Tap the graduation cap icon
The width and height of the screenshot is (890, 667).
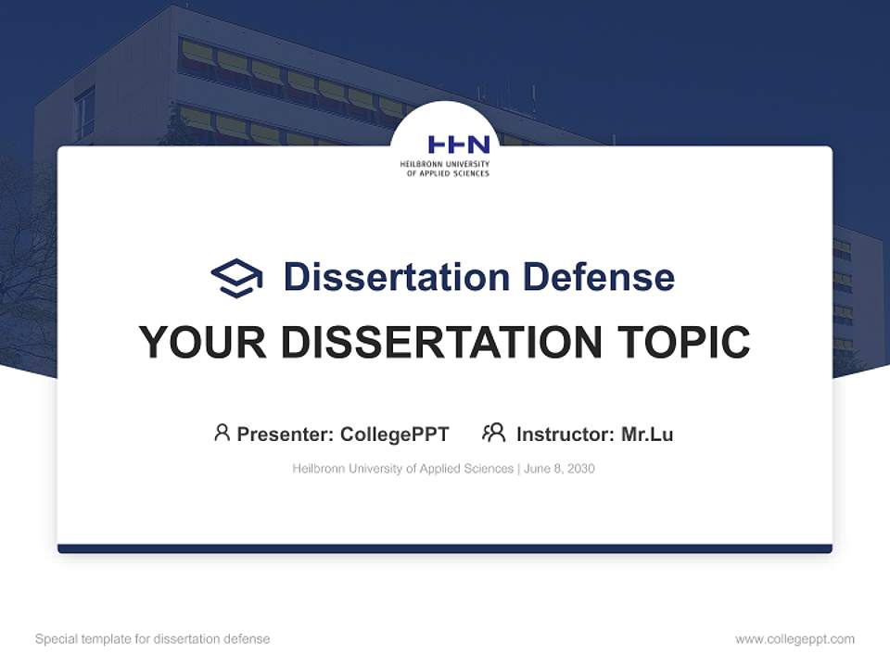[x=236, y=277]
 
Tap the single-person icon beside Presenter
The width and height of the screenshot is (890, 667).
[x=222, y=433]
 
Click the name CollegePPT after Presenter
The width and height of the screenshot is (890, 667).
[x=395, y=434]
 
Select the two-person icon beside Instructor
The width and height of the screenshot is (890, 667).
[x=493, y=433]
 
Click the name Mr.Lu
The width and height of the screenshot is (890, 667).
[x=647, y=434]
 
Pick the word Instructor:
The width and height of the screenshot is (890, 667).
[x=565, y=434]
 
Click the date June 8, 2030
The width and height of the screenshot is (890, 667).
[x=559, y=469]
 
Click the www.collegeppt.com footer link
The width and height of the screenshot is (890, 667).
[x=795, y=639]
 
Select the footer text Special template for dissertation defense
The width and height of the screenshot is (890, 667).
[x=152, y=639]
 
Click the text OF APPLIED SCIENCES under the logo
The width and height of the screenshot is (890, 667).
[x=448, y=173]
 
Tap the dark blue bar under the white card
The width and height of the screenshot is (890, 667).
[x=445, y=548]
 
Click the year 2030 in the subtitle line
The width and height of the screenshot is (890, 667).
[x=580, y=469]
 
